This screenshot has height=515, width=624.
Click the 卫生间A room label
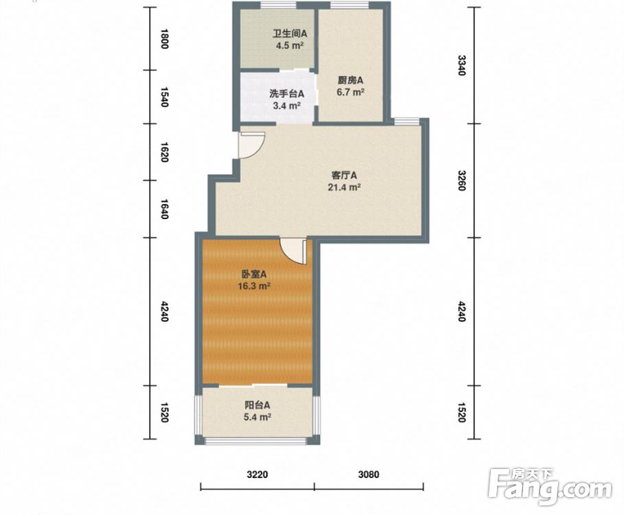pyautogui.click(x=290, y=34)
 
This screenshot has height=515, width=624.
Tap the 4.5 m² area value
pyautogui.click(x=290, y=45)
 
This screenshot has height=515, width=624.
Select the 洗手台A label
pyautogui.click(x=286, y=94)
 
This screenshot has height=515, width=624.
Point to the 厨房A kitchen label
pyautogui.click(x=351, y=80)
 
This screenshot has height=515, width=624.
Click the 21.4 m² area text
pyautogui.click(x=344, y=187)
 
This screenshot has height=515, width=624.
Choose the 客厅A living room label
pyautogui.click(x=344, y=176)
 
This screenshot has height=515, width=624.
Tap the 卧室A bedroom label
pyautogui.click(x=254, y=274)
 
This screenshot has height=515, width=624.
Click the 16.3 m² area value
pyautogui.click(x=254, y=286)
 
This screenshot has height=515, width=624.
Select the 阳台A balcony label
pyautogui.click(x=257, y=406)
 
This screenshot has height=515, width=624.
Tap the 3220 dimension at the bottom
pyautogui.click(x=257, y=474)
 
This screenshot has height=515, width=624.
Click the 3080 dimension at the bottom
pyautogui.click(x=369, y=474)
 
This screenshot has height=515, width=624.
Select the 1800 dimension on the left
pyautogui.click(x=164, y=38)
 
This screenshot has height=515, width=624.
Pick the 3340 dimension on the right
pyautogui.click(x=461, y=65)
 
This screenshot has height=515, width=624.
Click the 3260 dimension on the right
pyautogui.click(x=461, y=181)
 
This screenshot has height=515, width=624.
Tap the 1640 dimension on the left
pyautogui.click(x=164, y=209)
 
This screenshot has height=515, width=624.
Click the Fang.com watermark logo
pyautogui.click(x=551, y=486)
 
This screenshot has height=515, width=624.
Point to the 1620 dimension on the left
pyautogui.click(x=164, y=152)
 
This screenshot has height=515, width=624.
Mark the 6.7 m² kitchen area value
pyautogui.click(x=351, y=92)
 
